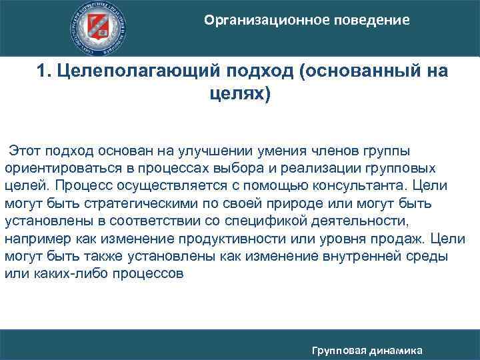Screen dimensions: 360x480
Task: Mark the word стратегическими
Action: [132, 203]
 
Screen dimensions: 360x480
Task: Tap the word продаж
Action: [400, 237]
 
